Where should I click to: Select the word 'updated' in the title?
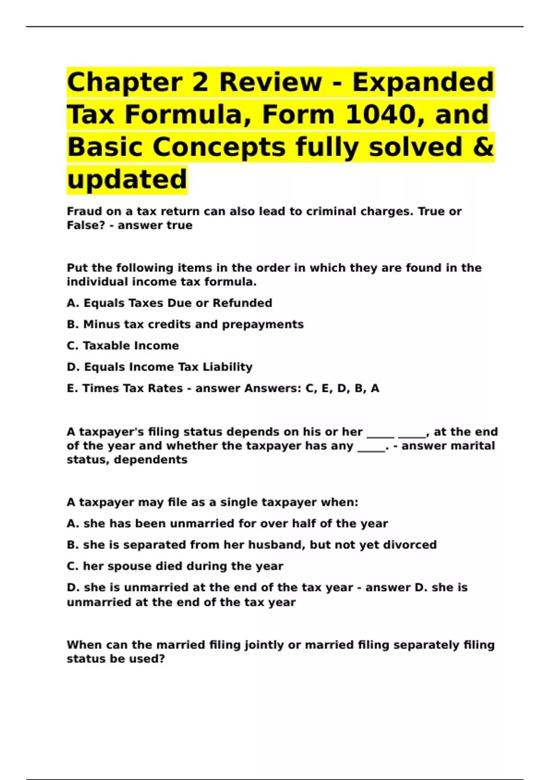click(127, 179)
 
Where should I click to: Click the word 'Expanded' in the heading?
click(423, 82)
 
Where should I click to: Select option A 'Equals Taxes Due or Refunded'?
click(170, 303)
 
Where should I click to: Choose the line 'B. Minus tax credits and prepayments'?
click(185, 324)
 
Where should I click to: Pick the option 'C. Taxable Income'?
click(123, 345)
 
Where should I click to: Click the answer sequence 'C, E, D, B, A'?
click(342, 389)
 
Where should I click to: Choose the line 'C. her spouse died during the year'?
click(175, 566)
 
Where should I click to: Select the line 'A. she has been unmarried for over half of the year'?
click(227, 524)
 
